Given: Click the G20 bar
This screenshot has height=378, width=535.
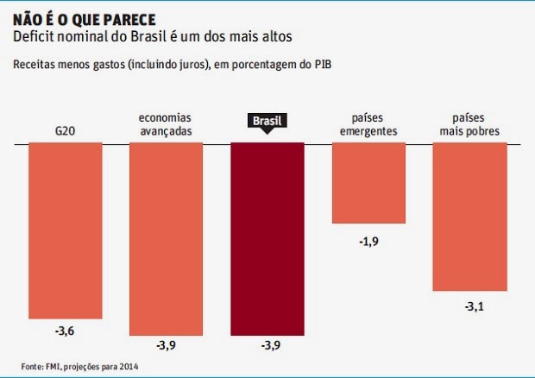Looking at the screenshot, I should [x=65, y=229].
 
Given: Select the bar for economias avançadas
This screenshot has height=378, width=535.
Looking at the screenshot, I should [x=166, y=237].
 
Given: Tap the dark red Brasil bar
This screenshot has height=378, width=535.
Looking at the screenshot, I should [x=267, y=237].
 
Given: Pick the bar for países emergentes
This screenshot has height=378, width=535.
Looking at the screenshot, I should [x=368, y=183].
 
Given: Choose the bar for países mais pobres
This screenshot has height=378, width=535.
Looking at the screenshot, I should [x=469, y=216].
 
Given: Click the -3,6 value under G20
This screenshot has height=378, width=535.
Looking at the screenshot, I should [x=65, y=330].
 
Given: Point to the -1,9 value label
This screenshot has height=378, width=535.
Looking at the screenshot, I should [x=368, y=241].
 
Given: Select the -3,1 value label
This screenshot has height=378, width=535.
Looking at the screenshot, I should [x=469, y=306].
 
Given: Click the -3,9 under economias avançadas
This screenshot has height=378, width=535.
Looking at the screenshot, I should [x=166, y=346].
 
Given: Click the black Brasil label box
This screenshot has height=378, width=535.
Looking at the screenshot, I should [x=267, y=122].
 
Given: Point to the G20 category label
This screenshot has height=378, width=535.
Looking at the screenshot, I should [x=65, y=132].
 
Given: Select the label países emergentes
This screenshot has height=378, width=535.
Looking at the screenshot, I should [x=368, y=125].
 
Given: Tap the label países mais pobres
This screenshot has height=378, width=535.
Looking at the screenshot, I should [x=469, y=125].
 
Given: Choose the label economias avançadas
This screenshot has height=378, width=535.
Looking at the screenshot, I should [x=166, y=125].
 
